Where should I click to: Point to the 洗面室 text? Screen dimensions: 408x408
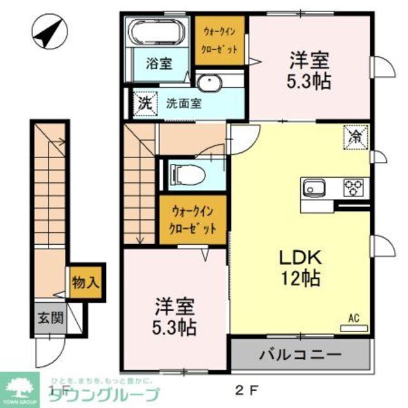(x=184, y=103)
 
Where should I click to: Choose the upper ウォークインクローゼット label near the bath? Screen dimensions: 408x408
(x=221, y=40)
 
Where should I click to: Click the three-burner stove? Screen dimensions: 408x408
(x=352, y=187)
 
